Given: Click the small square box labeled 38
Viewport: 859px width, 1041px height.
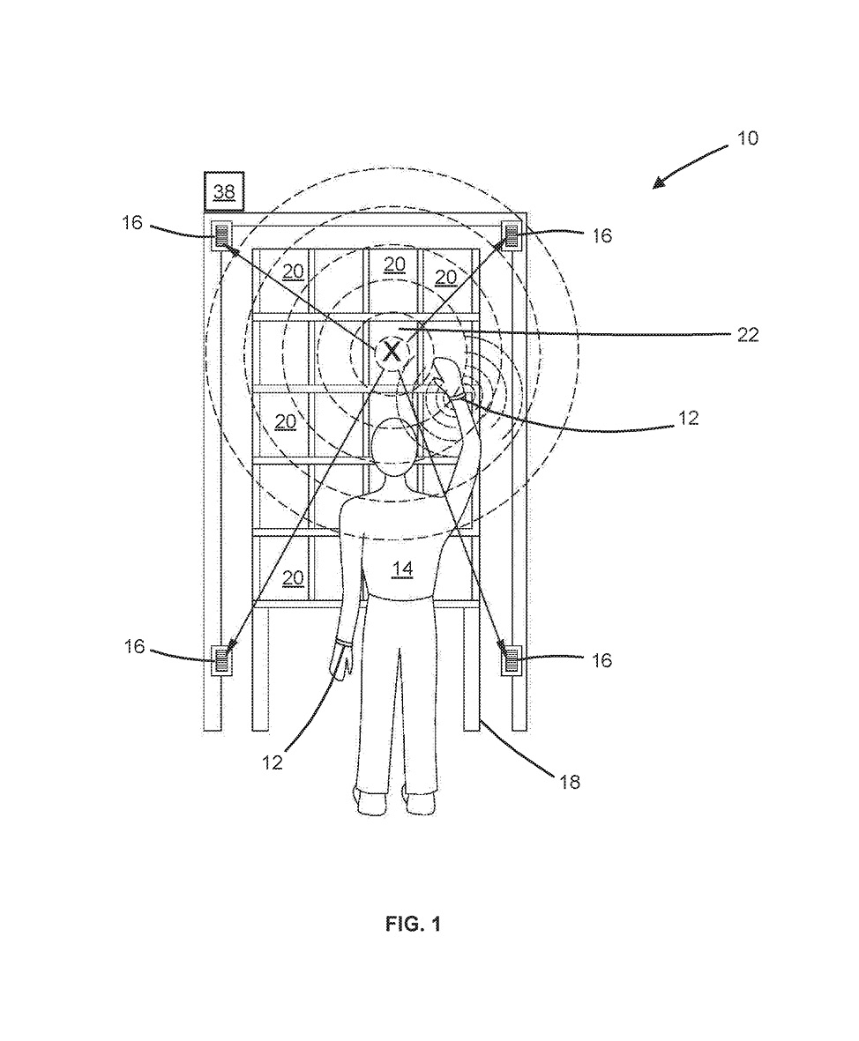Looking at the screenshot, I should (x=224, y=190).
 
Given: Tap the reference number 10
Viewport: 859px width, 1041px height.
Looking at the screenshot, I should (x=747, y=138).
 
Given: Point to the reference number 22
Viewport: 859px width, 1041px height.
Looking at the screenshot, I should (x=748, y=335).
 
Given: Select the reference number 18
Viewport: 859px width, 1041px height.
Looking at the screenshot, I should (x=571, y=780).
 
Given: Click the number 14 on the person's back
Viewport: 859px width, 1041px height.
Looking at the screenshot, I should (x=402, y=570).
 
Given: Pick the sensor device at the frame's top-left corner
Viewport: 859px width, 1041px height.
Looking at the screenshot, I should (x=220, y=234).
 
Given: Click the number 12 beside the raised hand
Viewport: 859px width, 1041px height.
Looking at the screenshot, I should (x=688, y=419).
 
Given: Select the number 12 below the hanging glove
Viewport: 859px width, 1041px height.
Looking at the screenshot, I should (x=273, y=762).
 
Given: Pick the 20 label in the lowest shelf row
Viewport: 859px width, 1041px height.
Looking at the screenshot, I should (x=294, y=577).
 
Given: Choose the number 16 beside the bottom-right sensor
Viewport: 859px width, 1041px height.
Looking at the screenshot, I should (x=601, y=660).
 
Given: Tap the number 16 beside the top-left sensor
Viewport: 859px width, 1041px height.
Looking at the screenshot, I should (x=132, y=223).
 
